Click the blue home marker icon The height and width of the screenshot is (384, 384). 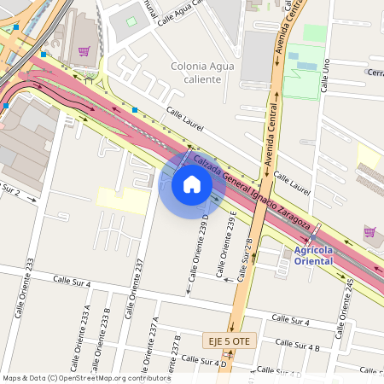[191, 184]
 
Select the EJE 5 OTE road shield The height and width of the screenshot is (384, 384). [229, 341]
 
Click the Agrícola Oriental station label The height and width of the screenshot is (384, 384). [317, 255]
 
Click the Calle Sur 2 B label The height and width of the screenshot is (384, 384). [246, 259]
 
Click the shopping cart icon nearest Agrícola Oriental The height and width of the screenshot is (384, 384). [369, 231]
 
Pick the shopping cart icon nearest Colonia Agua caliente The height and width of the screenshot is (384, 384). [84, 51]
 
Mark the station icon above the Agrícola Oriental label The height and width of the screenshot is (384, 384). [286, 251]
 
